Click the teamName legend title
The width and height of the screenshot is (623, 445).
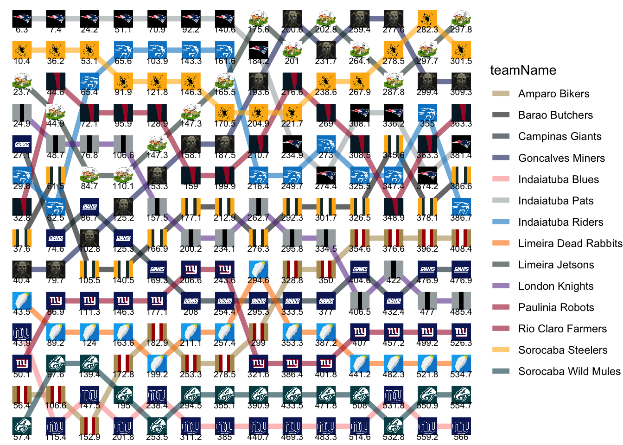click(523, 70)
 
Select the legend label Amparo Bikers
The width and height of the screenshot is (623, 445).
click(553, 94)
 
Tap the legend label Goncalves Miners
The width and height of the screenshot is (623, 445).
click(561, 158)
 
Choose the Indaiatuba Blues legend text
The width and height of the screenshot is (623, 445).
click(558, 179)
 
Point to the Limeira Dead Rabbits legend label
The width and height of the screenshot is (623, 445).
click(570, 243)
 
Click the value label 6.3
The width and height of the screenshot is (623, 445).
click(22, 30)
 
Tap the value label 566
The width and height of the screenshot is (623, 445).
click(461, 437)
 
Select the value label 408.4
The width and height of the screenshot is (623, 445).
click(461, 249)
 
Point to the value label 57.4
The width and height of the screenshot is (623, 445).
click(22, 437)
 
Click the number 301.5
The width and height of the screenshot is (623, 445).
click(461, 61)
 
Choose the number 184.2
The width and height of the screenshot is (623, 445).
click(258, 61)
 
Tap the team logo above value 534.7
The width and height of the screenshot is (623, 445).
click(461, 363)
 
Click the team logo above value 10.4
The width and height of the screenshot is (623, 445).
click(22, 50)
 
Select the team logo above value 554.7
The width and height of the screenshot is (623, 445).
click(461, 394)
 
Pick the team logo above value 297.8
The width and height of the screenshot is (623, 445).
click(461, 19)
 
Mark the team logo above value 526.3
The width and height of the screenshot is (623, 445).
click(461, 332)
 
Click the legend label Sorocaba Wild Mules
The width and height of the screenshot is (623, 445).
click(569, 371)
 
